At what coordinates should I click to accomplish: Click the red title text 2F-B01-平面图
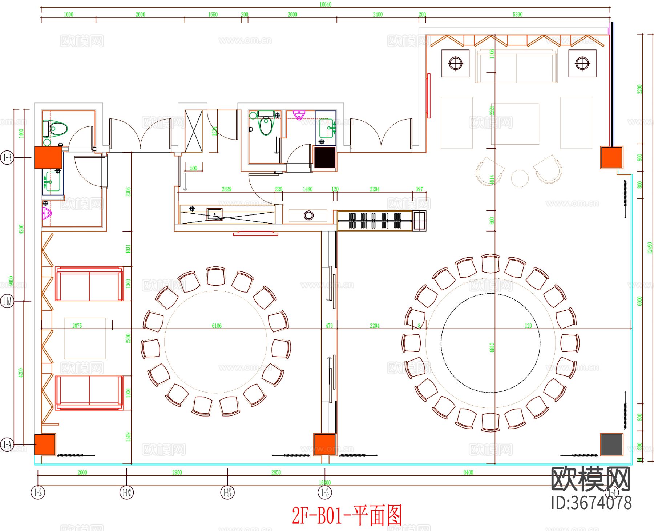(347, 515)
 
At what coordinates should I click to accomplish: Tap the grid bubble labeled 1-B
(7, 158)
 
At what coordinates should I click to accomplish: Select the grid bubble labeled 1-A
(7, 444)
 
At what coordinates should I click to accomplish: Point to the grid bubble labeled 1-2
(38, 493)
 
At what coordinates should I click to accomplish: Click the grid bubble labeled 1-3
(325, 493)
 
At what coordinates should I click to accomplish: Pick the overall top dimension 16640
(325, 4)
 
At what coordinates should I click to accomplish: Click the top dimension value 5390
(517, 15)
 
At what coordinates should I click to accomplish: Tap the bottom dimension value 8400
(468, 472)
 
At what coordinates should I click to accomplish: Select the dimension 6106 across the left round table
(217, 326)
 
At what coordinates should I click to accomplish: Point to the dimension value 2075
(77, 326)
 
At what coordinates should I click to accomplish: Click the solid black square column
(324, 158)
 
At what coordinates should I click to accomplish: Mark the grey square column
(611, 444)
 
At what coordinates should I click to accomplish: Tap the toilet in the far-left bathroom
(56, 128)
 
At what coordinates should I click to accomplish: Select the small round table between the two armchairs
(520, 178)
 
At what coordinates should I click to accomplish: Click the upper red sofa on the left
(89, 284)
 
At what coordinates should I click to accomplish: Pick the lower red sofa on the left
(89, 393)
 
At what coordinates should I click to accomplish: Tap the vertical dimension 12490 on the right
(650, 248)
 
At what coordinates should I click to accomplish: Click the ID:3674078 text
(591, 503)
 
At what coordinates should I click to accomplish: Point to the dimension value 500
(193, 168)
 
